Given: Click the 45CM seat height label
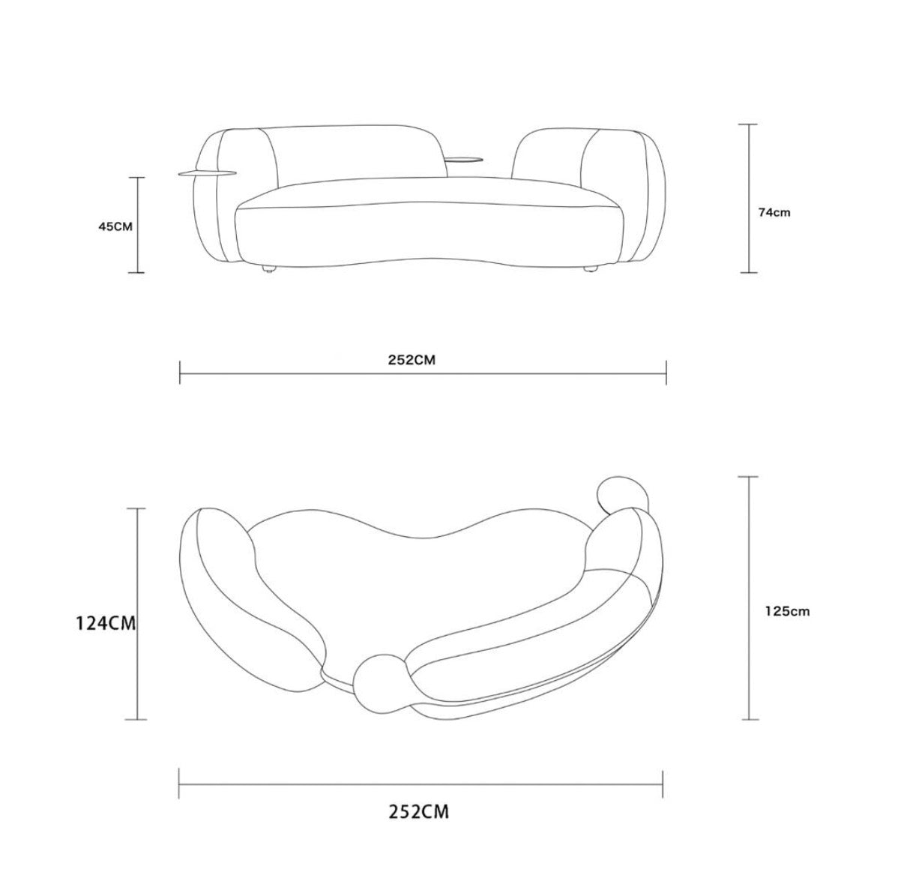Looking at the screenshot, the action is [115, 226].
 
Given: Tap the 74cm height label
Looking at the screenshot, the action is [774, 213].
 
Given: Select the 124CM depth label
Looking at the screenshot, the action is [106, 623].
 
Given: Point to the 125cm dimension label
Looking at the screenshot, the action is [787, 611].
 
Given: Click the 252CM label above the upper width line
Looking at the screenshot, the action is [412, 360].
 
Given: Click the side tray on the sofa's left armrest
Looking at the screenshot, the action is [205, 174].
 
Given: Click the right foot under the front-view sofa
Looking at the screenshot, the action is [591, 268].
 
